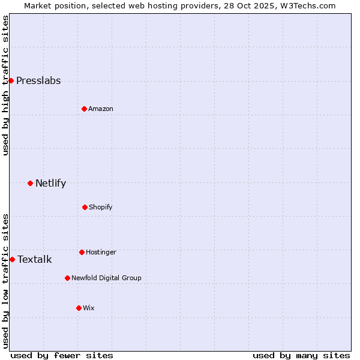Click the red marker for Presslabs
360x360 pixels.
click(x=11, y=80)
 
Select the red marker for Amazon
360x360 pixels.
click(x=84, y=109)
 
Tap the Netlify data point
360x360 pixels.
click(x=30, y=183)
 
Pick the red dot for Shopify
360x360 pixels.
click(x=85, y=207)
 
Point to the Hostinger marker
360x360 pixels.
click(x=82, y=252)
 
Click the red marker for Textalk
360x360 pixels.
click(x=12, y=259)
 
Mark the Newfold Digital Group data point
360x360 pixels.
click(x=67, y=278)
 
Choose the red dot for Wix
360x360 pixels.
click(x=79, y=308)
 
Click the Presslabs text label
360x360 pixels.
click(x=38, y=81)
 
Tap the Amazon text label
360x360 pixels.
click(x=101, y=109)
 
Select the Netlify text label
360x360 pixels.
click(x=50, y=184)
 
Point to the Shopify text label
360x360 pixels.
click(x=101, y=208)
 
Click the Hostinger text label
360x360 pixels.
click(x=101, y=253)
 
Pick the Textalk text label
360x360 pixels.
click(x=34, y=260)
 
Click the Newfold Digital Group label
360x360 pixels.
click(x=106, y=278)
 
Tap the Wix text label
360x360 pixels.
click(x=89, y=308)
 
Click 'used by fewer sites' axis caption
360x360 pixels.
click(x=62, y=355)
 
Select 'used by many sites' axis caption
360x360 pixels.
click(x=301, y=355)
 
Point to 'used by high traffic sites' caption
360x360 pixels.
click(x=5, y=85)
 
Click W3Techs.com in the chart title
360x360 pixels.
click(x=305, y=5)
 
